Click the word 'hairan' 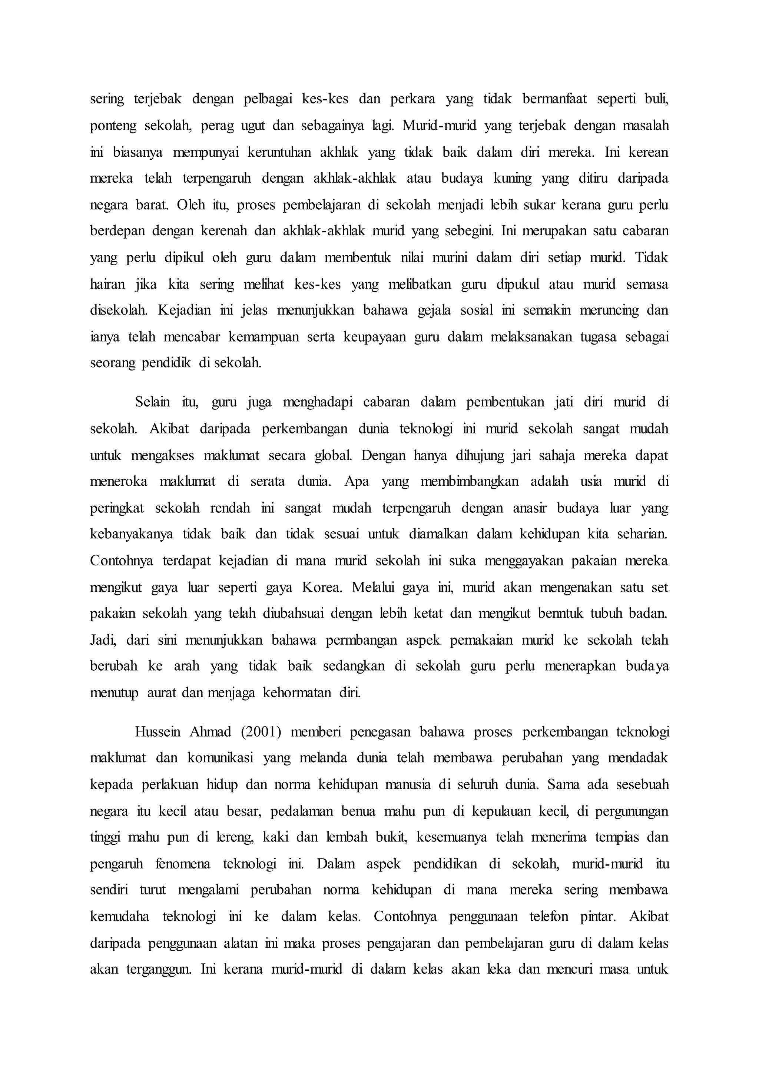[107, 284]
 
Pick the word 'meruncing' [609, 310]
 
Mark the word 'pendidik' [166, 363]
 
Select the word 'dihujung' [480, 455]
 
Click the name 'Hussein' [158, 732]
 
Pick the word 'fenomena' [183, 864]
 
